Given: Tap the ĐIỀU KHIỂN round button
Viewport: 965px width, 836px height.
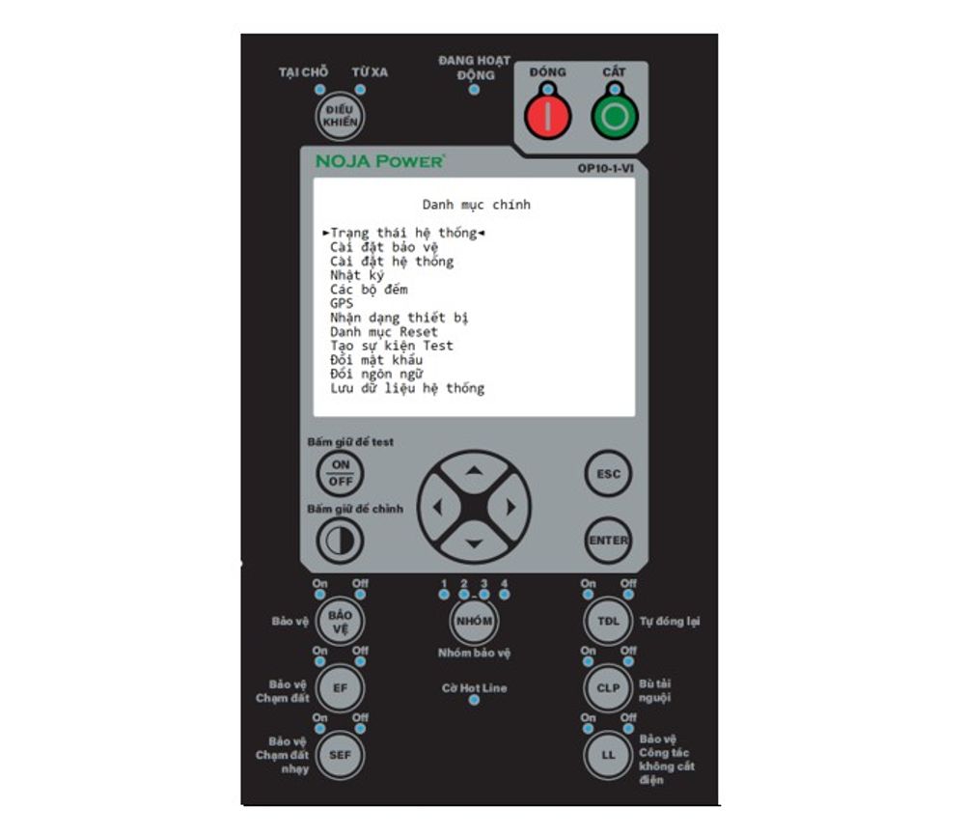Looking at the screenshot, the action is (341, 117).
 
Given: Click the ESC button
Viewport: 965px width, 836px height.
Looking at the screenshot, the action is (609, 474).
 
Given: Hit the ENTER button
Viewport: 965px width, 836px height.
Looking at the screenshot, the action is (609, 541).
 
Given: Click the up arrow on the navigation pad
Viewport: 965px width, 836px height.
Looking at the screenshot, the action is (474, 471).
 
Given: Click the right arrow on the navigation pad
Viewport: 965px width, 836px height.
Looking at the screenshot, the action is (510, 507).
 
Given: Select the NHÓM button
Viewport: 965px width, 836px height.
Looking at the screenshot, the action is (474, 621).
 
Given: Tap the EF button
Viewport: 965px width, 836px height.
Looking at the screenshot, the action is (341, 687).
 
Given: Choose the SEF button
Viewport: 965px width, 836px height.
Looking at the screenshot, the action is (341, 755).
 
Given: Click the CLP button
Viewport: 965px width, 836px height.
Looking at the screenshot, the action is (608, 687).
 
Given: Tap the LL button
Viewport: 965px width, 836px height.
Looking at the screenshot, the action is (608, 755).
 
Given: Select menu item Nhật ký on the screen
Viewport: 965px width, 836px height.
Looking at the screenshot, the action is (357, 276).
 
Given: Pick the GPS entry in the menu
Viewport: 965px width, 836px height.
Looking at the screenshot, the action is (342, 304).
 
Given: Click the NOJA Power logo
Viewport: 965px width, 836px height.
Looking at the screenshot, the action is (379, 162).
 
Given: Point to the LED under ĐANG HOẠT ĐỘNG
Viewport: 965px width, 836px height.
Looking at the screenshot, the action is (473, 91).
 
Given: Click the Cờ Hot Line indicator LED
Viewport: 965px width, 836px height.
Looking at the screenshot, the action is (473, 700).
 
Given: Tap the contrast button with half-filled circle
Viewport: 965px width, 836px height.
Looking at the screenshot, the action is (341, 541).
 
